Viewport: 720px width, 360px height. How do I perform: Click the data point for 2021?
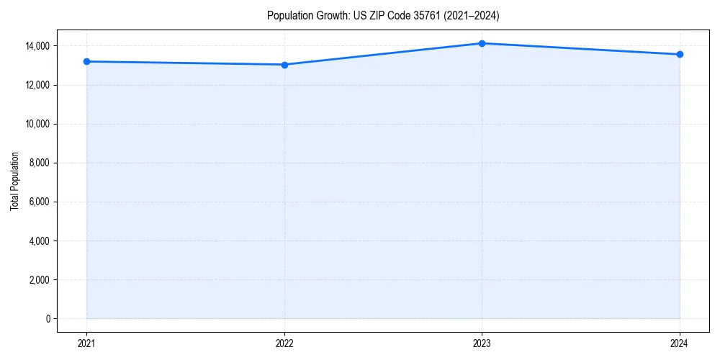[x=86, y=61]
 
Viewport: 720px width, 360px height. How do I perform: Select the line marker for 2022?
[x=284, y=65]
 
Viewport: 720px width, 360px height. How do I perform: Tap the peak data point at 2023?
[x=482, y=43]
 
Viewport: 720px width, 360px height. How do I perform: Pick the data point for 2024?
[x=680, y=54]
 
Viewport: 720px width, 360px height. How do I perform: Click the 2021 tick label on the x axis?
[x=86, y=343]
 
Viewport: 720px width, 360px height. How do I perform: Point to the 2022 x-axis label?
[x=284, y=343]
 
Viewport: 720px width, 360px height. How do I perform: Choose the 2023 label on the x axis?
[x=482, y=343]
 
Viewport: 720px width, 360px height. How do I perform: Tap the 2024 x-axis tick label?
[x=680, y=343]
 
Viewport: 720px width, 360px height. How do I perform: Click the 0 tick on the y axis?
[x=48, y=318]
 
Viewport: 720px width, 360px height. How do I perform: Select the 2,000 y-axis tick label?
[x=39, y=279]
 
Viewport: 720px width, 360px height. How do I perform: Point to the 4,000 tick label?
[x=39, y=240]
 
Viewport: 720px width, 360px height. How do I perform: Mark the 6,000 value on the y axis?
[x=39, y=202]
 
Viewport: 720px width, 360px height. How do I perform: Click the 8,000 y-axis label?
[x=39, y=163]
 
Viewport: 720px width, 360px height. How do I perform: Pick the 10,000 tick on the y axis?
[x=37, y=124]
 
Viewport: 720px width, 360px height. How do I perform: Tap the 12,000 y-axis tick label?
[x=37, y=85]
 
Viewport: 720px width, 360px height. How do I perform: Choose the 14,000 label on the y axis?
[x=37, y=46]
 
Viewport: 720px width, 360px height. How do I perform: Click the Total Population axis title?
[x=14, y=181]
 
